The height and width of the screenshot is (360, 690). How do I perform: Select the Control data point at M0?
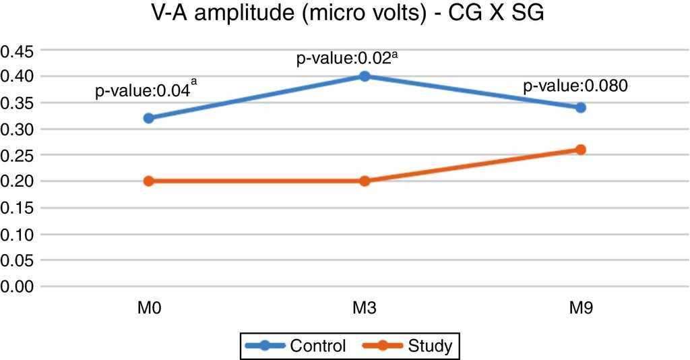coord(148,118)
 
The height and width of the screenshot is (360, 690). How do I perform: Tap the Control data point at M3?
coord(365,76)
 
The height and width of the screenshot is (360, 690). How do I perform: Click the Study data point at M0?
coord(148,181)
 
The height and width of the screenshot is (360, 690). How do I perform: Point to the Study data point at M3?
coord(365,181)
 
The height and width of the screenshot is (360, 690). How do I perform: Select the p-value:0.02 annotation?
coord(344,59)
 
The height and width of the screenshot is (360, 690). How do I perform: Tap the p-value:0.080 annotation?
coord(575,86)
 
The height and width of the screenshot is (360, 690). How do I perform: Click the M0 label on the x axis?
coord(148,311)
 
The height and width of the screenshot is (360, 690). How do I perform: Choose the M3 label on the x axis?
coord(365,311)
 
